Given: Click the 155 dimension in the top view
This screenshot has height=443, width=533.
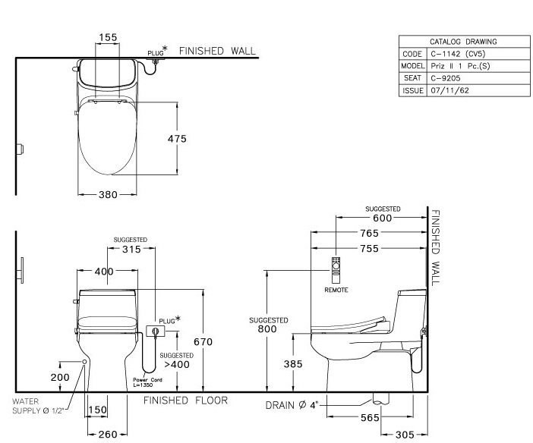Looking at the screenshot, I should [108, 36].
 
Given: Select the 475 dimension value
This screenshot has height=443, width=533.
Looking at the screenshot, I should [177, 139].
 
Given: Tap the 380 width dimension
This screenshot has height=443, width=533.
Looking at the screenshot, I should [108, 195].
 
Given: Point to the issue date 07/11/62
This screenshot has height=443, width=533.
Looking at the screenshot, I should [446, 90].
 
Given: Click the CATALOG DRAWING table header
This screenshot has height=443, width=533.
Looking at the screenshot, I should [463, 42].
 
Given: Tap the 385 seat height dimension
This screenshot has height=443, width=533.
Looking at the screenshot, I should [292, 364].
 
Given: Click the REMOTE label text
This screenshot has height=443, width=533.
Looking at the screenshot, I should [336, 290].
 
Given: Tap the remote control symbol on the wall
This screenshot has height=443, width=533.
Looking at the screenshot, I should [336, 270].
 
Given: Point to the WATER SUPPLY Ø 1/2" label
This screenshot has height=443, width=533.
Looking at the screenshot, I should [30, 406].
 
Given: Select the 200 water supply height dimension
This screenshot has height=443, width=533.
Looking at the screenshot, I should [59, 377].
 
